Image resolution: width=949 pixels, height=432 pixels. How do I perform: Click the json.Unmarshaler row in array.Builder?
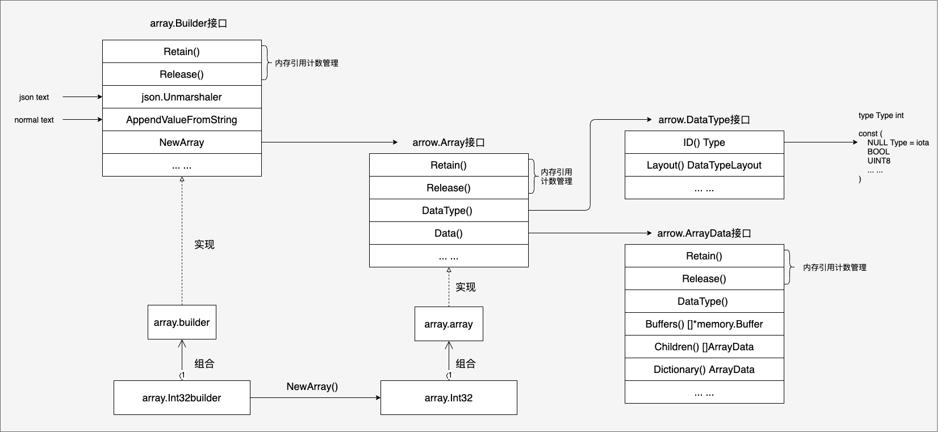coord(182,97)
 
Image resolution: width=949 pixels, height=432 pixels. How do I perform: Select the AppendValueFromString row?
coord(182,119)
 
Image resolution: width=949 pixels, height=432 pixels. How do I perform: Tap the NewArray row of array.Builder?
coord(182,142)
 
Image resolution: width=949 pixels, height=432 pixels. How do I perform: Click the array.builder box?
coord(182,322)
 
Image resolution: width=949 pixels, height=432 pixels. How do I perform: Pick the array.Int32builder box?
coord(182,398)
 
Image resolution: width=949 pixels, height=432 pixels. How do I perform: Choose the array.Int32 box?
coord(449,398)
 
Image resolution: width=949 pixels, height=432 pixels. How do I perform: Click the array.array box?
coord(449,324)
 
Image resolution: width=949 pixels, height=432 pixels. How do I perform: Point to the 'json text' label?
coord(34,97)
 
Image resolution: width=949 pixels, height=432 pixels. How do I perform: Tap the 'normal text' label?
coord(34,120)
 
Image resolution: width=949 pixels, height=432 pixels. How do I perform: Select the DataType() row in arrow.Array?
coord(449,211)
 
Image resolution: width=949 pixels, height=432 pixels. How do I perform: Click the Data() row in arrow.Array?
coord(449,233)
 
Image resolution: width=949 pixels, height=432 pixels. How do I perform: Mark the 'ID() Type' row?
coord(704,142)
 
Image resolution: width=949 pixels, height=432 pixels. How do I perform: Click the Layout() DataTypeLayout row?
coord(704,165)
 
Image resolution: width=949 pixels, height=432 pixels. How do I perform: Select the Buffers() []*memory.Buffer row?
coord(704,324)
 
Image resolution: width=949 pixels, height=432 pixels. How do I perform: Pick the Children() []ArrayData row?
coord(704,347)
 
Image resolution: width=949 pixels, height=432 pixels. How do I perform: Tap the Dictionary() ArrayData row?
coord(704,370)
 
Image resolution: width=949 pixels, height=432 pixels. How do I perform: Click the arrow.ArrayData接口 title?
coord(704,233)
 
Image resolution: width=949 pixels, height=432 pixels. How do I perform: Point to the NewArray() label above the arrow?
coord(312,387)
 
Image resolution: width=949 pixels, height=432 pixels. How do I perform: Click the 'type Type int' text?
coord(881,116)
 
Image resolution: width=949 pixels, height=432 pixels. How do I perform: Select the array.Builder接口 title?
coord(189,23)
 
